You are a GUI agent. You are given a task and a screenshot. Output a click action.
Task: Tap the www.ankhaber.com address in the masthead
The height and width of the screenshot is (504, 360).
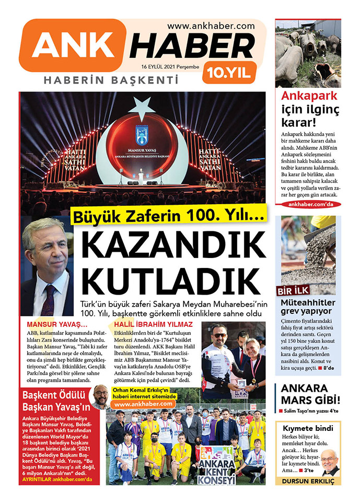tap(211, 25)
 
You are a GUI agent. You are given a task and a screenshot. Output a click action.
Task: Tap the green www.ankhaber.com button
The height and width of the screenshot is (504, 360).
tap(143, 404)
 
